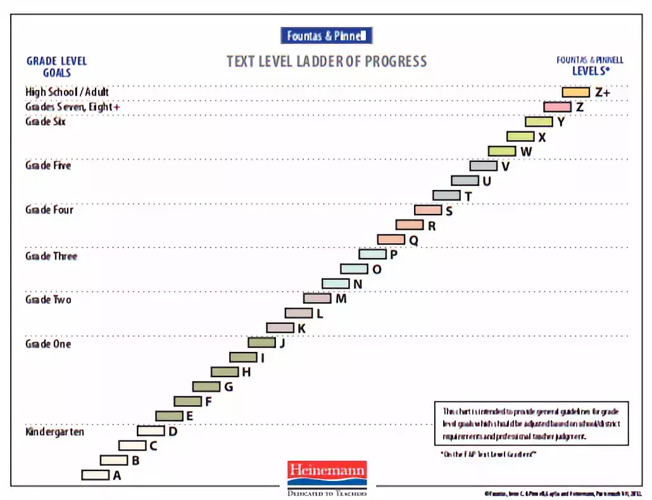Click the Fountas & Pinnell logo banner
point(326,35)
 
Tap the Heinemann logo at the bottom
point(327,471)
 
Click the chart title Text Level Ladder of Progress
point(327,61)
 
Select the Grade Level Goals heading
point(56,66)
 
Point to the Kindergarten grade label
point(54,432)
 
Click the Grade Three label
point(51,256)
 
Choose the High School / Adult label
point(67,92)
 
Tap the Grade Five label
point(48,165)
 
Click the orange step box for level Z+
point(575,92)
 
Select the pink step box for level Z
point(557,107)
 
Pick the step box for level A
point(95,475)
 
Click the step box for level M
point(317,298)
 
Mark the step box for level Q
point(391,239)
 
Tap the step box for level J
point(261,342)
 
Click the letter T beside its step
point(468,196)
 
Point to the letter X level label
point(542,137)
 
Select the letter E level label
point(189,416)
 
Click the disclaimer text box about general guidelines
point(531,423)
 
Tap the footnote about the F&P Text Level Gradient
point(488,454)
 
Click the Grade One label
point(48,344)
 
